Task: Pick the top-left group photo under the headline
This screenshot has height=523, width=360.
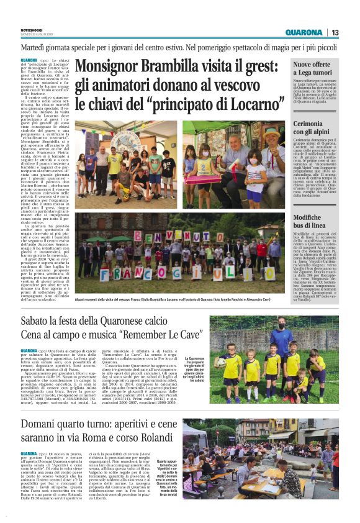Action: click(126, 165)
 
